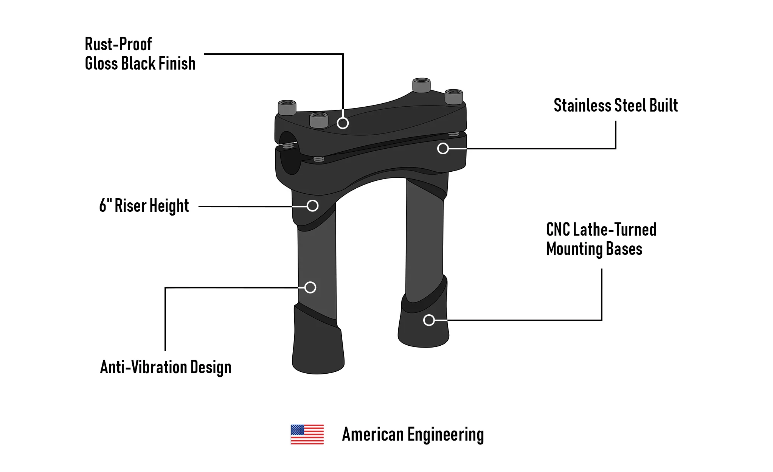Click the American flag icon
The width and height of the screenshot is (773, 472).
click(307, 434)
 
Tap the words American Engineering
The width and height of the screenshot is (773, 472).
click(413, 435)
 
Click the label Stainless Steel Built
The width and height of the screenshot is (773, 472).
click(615, 106)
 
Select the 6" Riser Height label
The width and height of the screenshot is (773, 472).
click(144, 206)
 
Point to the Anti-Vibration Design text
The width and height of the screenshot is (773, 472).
click(166, 367)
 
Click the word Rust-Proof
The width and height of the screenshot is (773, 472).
click(118, 44)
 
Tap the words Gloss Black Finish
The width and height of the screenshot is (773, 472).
click(140, 64)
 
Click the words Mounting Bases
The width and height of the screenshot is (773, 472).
click(594, 249)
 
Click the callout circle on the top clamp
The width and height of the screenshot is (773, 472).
click(343, 123)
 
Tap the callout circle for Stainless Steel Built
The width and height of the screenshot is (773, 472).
click(443, 148)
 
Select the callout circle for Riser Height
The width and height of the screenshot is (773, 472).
click(312, 206)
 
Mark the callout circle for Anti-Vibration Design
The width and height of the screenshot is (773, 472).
click(310, 287)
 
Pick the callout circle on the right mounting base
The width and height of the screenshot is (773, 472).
click(429, 320)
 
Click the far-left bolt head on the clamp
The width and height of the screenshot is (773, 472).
click(287, 107)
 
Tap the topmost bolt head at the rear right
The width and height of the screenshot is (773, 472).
click(421, 85)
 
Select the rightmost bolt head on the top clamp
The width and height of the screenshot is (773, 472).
click(454, 96)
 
